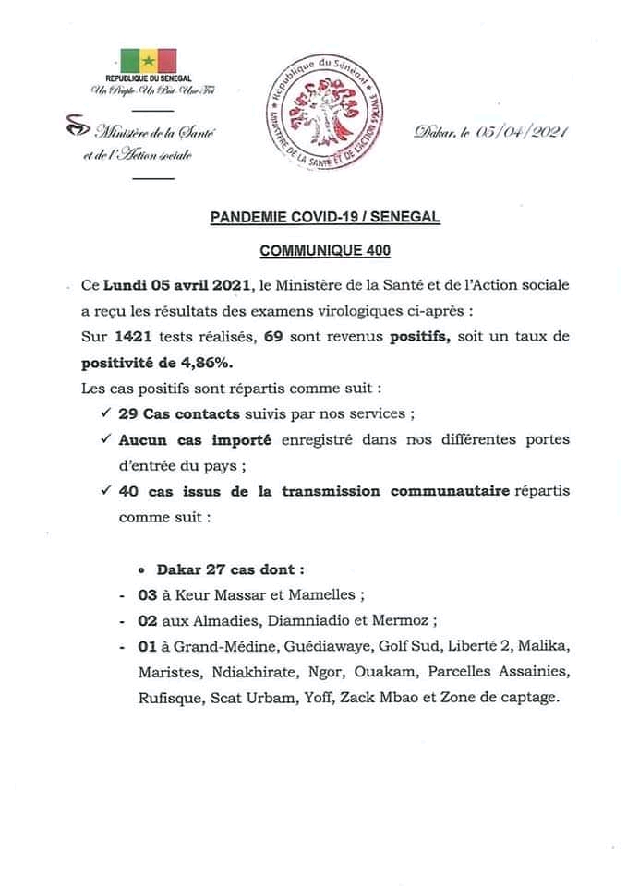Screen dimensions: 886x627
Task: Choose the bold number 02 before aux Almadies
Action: [x=147, y=624]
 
